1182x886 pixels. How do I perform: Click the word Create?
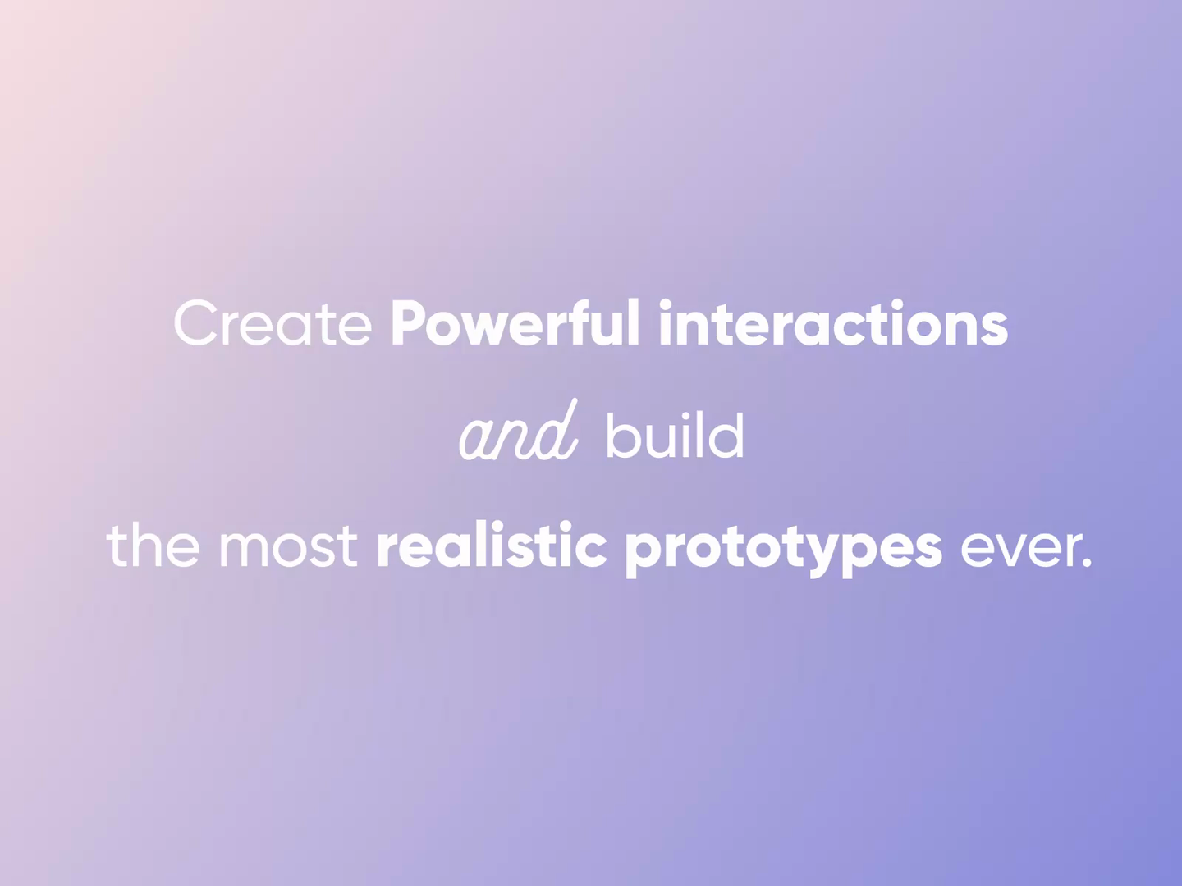coord(273,323)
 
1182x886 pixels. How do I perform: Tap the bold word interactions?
coord(832,323)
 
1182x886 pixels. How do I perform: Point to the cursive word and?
coord(518,433)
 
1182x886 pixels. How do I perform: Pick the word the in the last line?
coord(153,545)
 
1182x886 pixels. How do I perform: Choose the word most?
coord(287,545)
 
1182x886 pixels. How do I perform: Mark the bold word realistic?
coord(491,545)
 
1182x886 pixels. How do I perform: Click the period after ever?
coord(1088,564)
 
